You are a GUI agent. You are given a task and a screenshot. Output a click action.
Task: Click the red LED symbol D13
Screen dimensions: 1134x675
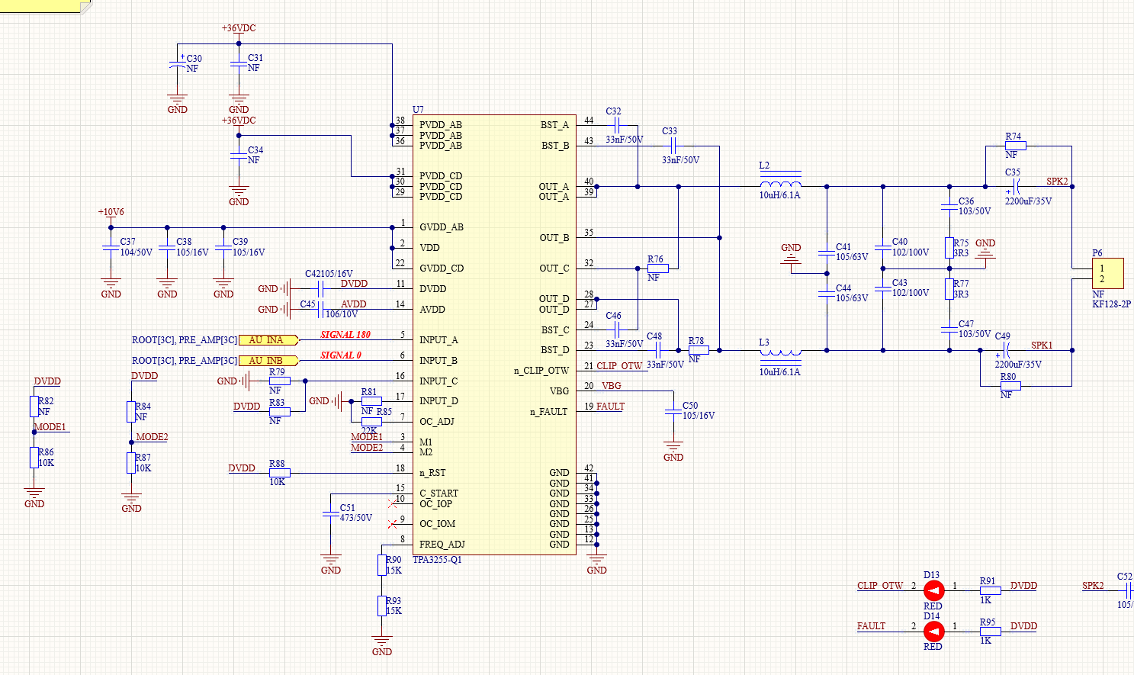click(933, 590)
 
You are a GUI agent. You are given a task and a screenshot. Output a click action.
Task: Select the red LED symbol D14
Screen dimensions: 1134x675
click(933, 632)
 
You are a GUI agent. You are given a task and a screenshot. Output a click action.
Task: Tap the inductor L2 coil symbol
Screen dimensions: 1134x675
click(780, 184)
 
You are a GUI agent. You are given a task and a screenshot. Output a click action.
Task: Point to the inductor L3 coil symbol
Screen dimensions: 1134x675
click(780, 353)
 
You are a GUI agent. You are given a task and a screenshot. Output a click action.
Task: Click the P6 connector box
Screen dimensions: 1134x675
click(1107, 274)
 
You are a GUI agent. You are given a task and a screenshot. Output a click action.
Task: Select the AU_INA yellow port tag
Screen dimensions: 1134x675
click(268, 340)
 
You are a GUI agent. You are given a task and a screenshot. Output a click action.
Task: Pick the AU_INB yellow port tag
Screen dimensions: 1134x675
click(268, 361)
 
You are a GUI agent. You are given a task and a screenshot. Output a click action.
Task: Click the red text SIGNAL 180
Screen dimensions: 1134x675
click(345, 335)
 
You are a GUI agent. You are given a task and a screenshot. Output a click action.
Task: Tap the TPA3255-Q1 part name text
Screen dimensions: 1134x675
click(437, 560)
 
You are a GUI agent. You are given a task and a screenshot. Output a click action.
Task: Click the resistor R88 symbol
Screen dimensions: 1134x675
click(279, 473)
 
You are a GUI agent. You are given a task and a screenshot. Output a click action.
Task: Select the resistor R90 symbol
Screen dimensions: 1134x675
click(382, 565)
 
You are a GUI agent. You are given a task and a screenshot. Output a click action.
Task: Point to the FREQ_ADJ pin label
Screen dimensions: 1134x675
click(442, 545)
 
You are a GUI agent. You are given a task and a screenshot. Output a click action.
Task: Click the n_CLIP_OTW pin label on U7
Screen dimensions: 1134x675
click(541, 371)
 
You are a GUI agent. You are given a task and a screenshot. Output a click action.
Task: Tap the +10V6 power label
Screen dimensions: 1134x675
click(111, 212)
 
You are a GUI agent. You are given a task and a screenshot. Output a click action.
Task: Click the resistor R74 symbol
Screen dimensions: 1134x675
click(1016, 146)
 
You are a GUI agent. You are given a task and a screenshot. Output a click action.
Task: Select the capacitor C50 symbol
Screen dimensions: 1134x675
click(673, 413)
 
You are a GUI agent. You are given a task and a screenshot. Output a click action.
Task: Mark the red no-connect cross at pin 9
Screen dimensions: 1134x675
click(392, 524)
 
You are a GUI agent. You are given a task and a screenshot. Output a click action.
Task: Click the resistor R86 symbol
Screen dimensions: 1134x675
click(34, 458)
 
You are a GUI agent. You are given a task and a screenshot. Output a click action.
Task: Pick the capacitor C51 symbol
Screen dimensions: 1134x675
click(330, 514)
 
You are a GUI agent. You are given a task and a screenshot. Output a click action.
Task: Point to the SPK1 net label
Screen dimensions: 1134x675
click(1042, 345)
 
